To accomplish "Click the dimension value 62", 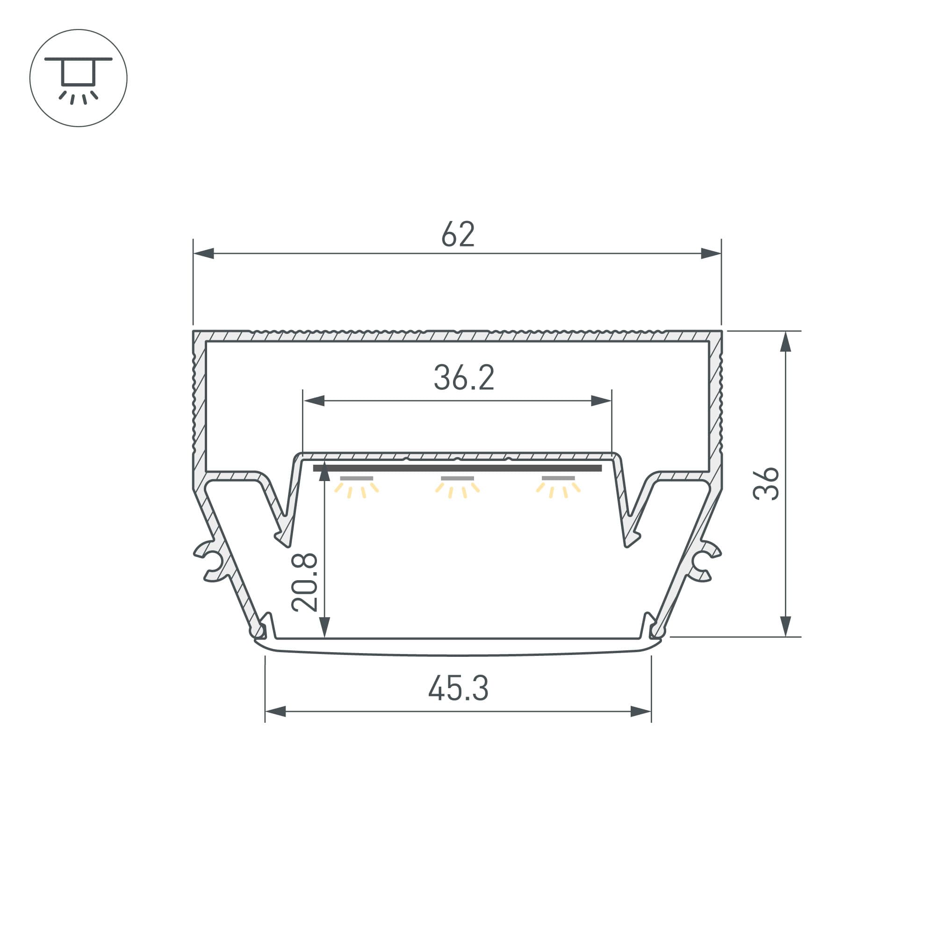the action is (458, 234).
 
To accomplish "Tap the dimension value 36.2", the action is (464, 377).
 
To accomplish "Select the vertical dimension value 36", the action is (766, 483).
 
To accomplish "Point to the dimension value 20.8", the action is (304, 583).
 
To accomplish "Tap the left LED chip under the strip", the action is (357, 479).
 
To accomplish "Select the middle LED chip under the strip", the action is (457, 479).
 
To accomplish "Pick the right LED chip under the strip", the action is (558, 479).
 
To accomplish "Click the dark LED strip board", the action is (457, 468).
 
